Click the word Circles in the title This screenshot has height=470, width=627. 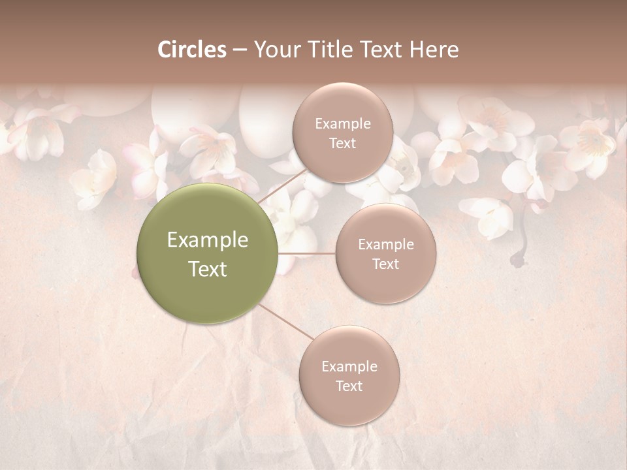(x=191, y=50)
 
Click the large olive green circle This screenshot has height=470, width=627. (x=208, y=253)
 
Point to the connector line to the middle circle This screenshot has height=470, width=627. (x=307, y=253)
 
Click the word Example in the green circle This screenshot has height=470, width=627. (x=208, y=240)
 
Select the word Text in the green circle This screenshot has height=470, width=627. (x=208, y=269)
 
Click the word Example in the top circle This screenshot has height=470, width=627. (x=342, y=123)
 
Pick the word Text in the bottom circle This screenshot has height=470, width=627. (x=349, y=386)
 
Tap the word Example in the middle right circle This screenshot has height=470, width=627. (x=385, y=245)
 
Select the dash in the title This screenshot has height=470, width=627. (x=239, y=50)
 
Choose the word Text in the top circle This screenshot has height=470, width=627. (x=342, y=143)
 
